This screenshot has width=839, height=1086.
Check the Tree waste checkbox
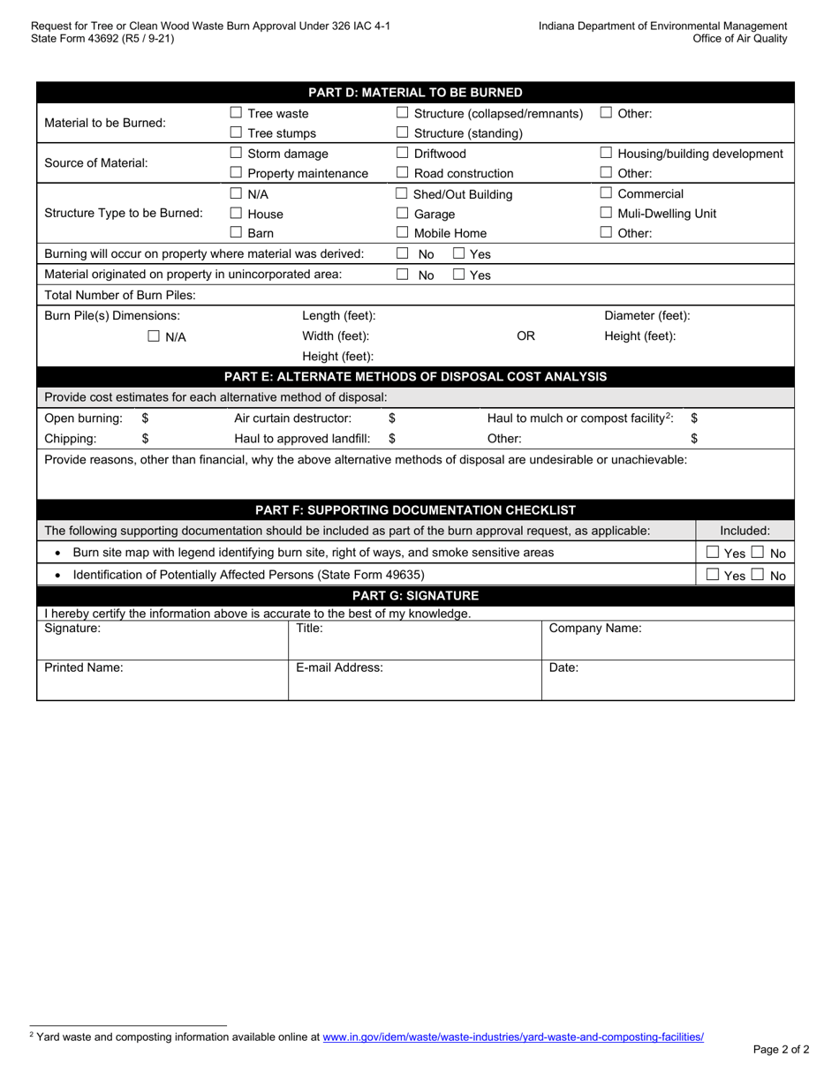coord(236,113)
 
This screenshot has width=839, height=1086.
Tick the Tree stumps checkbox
coord(236,133)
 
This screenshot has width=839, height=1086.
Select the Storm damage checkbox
coord(236,154)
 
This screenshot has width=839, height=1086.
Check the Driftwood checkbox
coord(403,154)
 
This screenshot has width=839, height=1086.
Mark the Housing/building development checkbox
coord(607,154)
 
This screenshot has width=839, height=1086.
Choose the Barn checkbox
coord(236,233)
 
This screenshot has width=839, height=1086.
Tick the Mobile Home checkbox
coord(403,233)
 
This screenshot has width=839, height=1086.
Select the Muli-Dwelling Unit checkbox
coord(607,213)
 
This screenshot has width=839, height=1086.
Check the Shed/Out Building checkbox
coord(403,193)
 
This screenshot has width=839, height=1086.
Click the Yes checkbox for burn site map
coord(714,553)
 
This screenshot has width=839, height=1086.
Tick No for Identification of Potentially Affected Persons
coord(758,576)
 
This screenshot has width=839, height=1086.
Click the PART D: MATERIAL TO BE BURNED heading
coord(415,93)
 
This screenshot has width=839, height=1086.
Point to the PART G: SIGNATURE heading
coord(415,596)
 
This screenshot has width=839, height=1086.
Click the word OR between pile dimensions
coord(525,336)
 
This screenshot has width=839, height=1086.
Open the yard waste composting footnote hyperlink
coord(513,1037)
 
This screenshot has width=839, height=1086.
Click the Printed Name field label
coord(84,667)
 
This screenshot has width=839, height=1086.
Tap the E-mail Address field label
coord(339,667)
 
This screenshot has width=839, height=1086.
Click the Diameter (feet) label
coord(646,315)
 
